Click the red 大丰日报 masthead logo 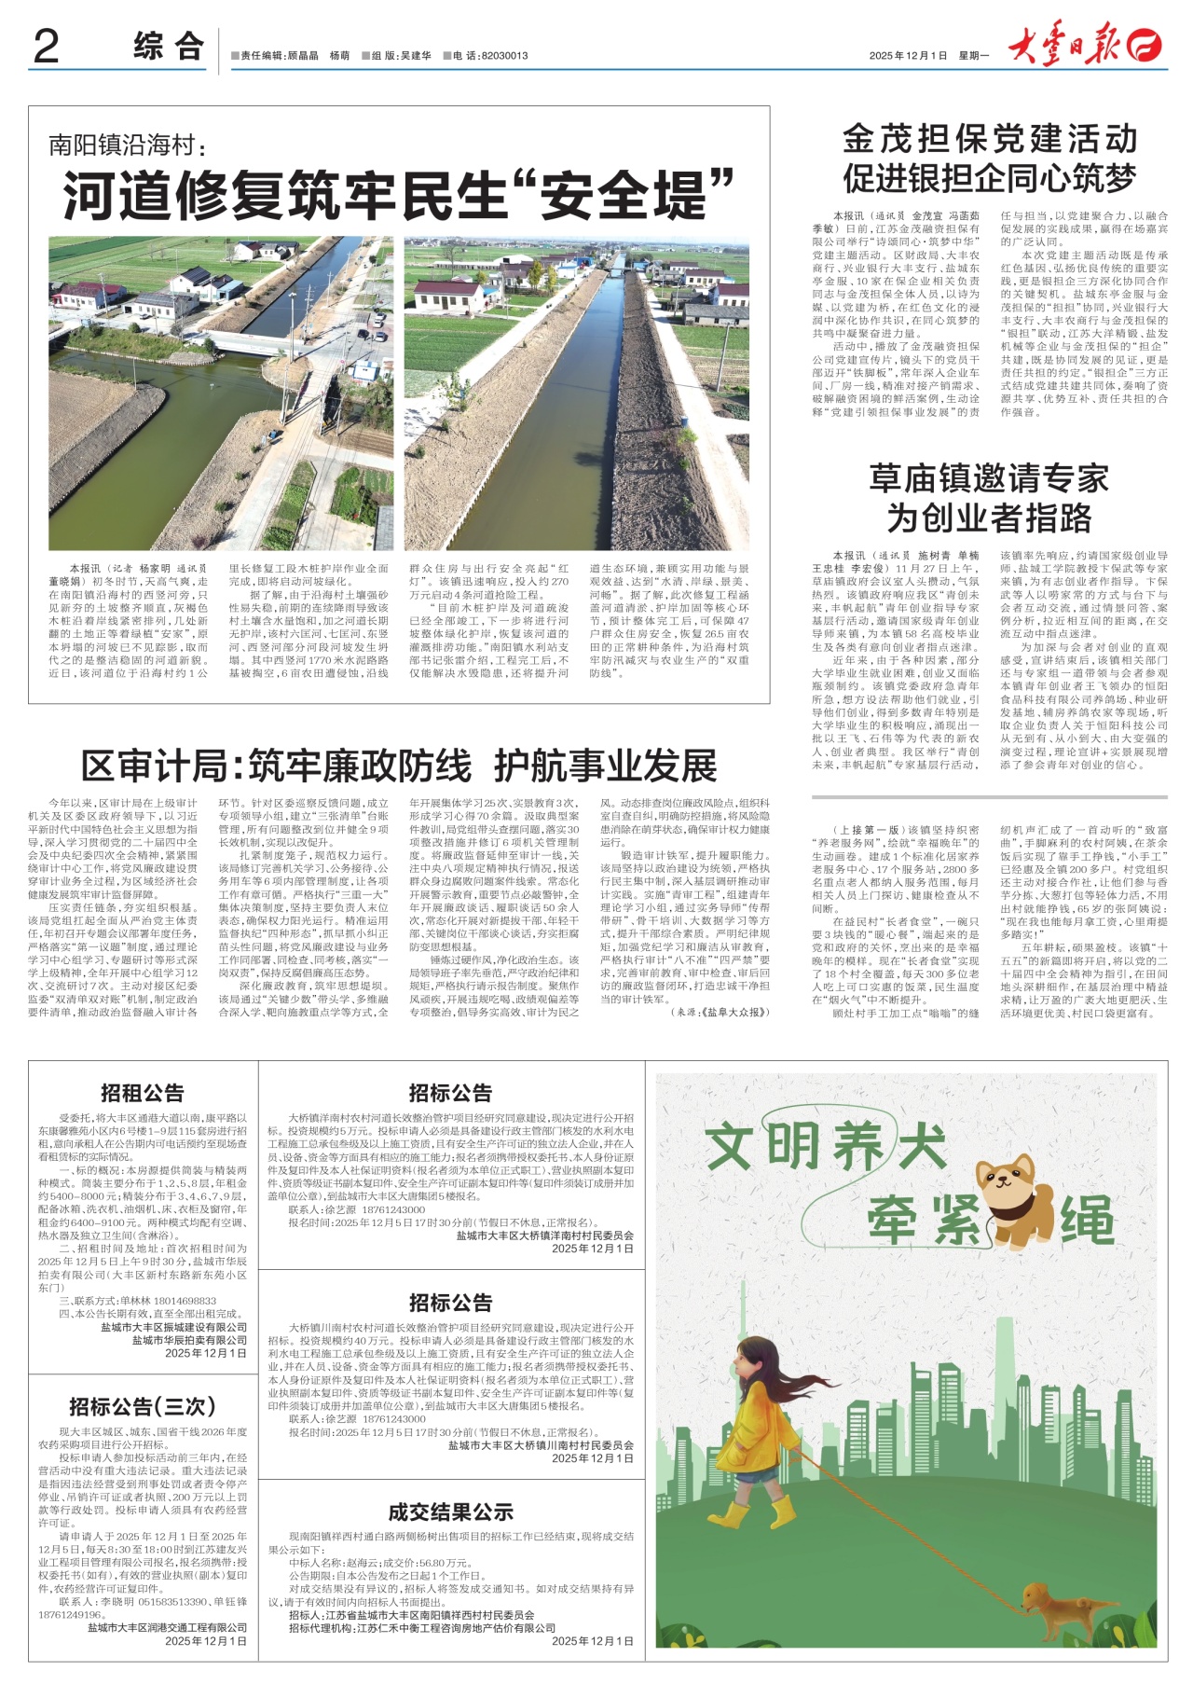point(1086,47)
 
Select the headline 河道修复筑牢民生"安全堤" point(399,195)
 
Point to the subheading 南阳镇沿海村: point(128,145)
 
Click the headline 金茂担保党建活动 point(990,139)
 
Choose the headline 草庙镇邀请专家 point(989,478)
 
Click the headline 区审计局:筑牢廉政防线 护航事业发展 point(399,766)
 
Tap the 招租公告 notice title point(143,1093)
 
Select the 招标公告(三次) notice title point(143,1407)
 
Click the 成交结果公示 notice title point(451,1512)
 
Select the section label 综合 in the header point(168,47)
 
